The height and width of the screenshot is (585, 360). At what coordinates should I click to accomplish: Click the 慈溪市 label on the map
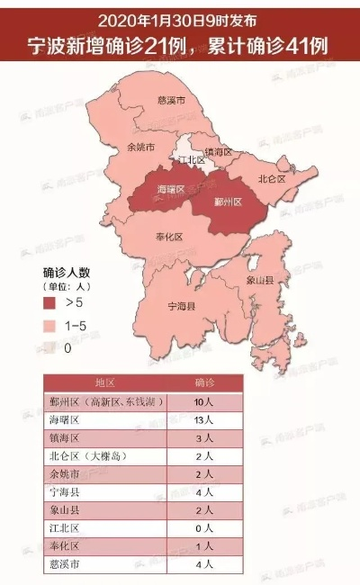point(171,100)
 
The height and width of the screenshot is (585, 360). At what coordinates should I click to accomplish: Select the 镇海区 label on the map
point(220,153)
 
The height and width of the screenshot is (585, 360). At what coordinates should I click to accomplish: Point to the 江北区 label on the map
point(192,161)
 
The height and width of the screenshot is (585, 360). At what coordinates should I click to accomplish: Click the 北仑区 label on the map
point(270,178)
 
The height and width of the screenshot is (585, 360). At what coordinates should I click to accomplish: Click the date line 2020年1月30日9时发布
point(180,15)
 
